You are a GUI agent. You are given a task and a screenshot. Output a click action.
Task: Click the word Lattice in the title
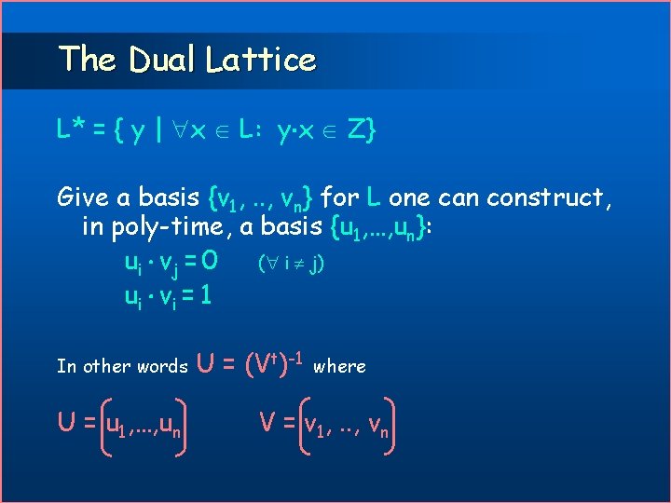(x=261, y=60)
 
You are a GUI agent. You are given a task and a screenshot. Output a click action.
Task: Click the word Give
(x=83, y=197)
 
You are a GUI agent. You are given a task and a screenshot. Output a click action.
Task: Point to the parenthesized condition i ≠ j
(x=290, y=264)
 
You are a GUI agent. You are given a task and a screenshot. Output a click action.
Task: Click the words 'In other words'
(x=122, y=366)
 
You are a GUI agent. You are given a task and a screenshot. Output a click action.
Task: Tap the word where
(x=339, y=366)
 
